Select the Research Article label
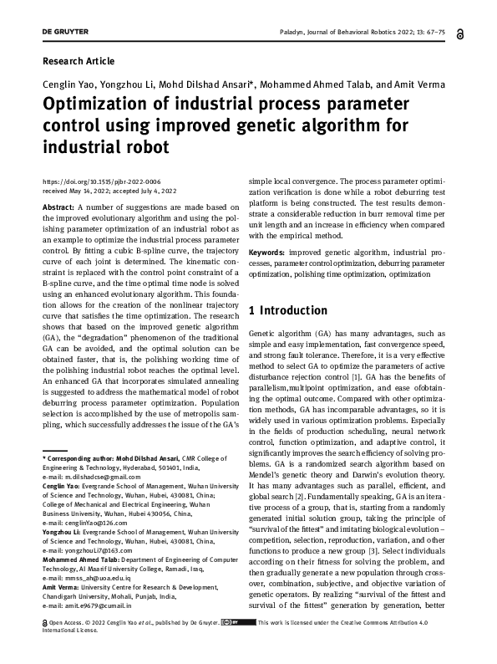point(78,61)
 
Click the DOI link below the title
point(101,181)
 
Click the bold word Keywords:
point(267,252)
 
